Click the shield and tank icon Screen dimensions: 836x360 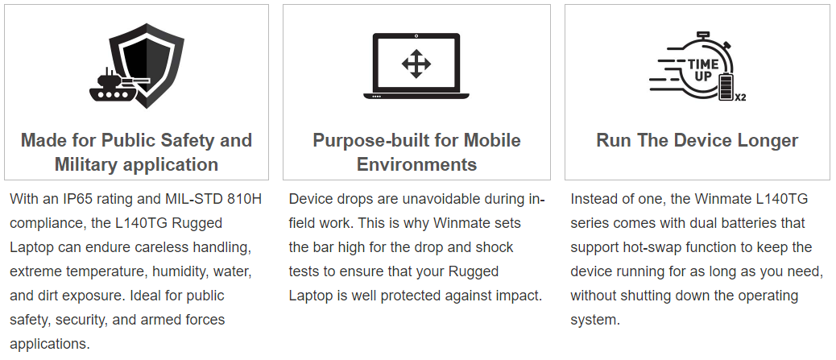136,65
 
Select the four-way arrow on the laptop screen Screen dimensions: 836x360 416,64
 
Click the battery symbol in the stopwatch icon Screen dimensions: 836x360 726,87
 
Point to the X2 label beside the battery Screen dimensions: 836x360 740,97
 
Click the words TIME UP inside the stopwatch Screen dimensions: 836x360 702,70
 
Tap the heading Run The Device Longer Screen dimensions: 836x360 697,140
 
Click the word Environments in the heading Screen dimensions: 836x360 416,164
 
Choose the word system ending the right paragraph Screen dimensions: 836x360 595,320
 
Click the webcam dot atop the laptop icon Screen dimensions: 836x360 416,36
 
